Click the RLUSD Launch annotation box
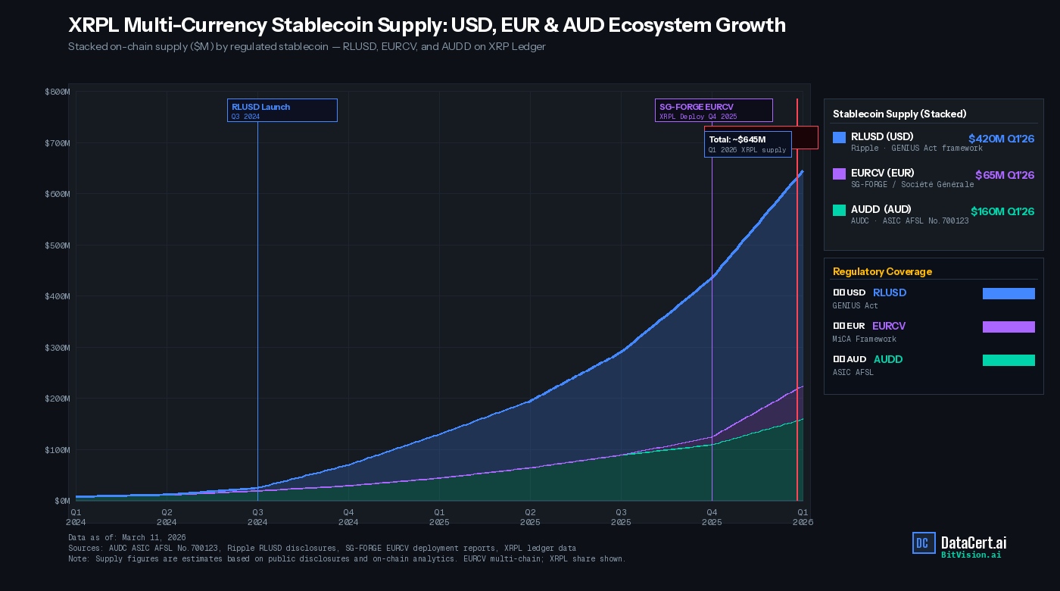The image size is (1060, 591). point(282,111)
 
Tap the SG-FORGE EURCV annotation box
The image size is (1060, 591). point(713,111)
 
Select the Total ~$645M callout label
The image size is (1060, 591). point(748,144)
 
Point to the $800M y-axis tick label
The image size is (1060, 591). point(58,92)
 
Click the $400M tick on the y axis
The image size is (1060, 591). point(58,296)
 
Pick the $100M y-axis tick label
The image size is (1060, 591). point(58,450)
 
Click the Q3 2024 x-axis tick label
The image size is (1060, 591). point(257,517)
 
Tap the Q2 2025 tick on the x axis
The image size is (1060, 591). point(530,517)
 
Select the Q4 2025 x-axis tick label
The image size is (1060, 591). point(712,517)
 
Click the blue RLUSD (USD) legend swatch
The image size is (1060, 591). point(839,137)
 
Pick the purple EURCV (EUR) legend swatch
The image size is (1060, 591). point(839,174)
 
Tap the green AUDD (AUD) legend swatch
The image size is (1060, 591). point(839,210)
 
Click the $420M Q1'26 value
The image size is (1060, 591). point(1001,139)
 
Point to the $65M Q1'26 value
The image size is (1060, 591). point(1004,175)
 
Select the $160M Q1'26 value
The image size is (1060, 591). point(1002,211)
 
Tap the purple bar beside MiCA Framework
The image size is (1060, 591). point(1009,327)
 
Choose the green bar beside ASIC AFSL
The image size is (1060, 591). point(1009,360)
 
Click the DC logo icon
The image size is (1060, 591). point(924,543)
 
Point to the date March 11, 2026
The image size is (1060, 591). point(154,538)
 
